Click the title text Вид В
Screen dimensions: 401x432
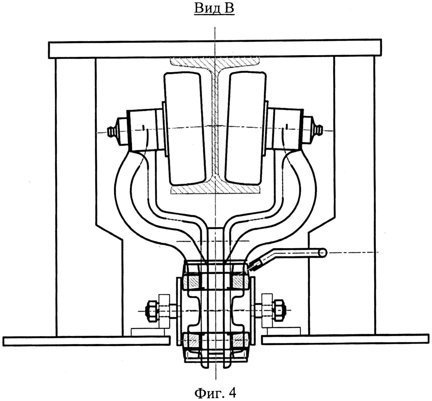pos(214,9)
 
